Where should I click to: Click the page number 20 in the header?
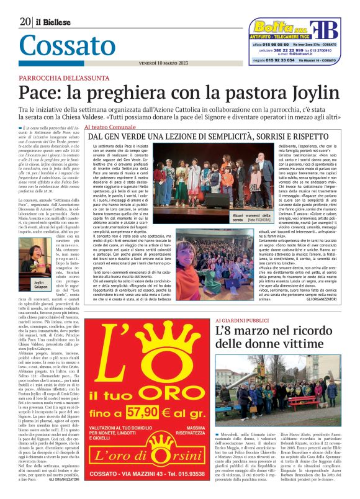25,22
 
